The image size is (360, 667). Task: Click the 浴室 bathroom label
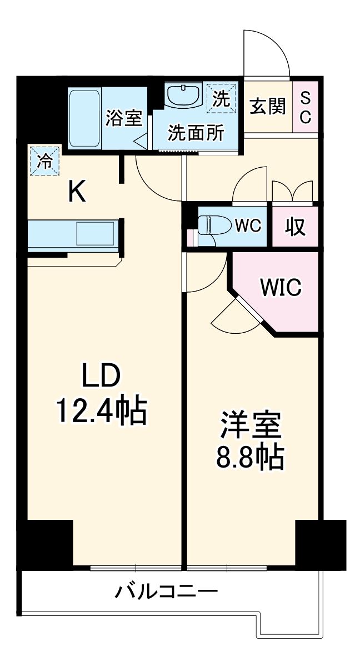point(124,118)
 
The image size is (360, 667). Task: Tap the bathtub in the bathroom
point(84,117)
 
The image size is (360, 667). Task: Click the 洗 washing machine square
point(221,99)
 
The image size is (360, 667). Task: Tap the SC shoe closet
point(306,108)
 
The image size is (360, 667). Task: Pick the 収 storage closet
point(295,226)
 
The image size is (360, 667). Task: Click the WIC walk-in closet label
point(281,288)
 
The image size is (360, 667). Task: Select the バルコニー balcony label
point(166,591)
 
